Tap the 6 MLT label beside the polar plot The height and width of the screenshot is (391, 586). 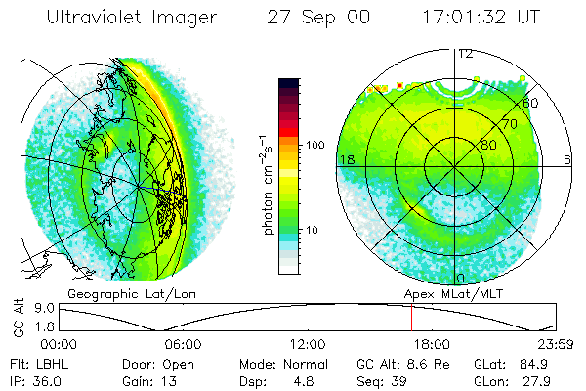point(567,159)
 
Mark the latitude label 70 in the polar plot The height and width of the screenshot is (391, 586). point(507,125)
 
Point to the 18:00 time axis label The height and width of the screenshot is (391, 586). point(431,343)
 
